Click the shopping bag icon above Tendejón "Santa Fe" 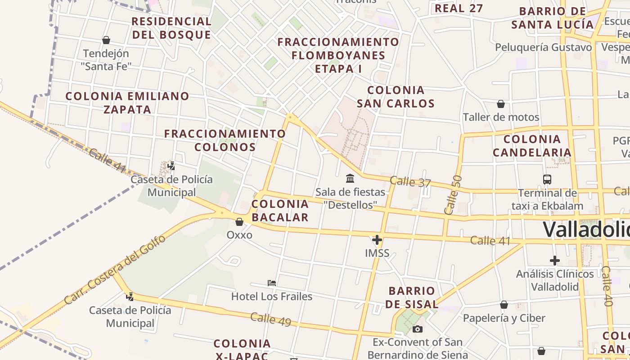point(106,40)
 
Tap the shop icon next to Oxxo point(239,222)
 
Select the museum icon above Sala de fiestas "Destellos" point(350,179)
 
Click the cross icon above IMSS point(377,240)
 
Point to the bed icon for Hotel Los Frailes point(272,283)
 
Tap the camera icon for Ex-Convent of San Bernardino point(418,329)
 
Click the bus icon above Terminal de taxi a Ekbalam point(547,180)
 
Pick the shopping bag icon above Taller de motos point(501,104)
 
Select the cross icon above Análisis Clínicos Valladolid point(555,261)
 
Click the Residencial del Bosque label point(171,28)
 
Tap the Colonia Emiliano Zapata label point(127,103)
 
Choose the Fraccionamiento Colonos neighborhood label point(225,140)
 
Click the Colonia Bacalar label point(280,211)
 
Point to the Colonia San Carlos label point(396,97)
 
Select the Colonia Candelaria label point(532,146)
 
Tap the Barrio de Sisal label point(412,297)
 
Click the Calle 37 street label point(410,182)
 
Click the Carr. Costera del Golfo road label point(115,269)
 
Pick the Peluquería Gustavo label point(544,47)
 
